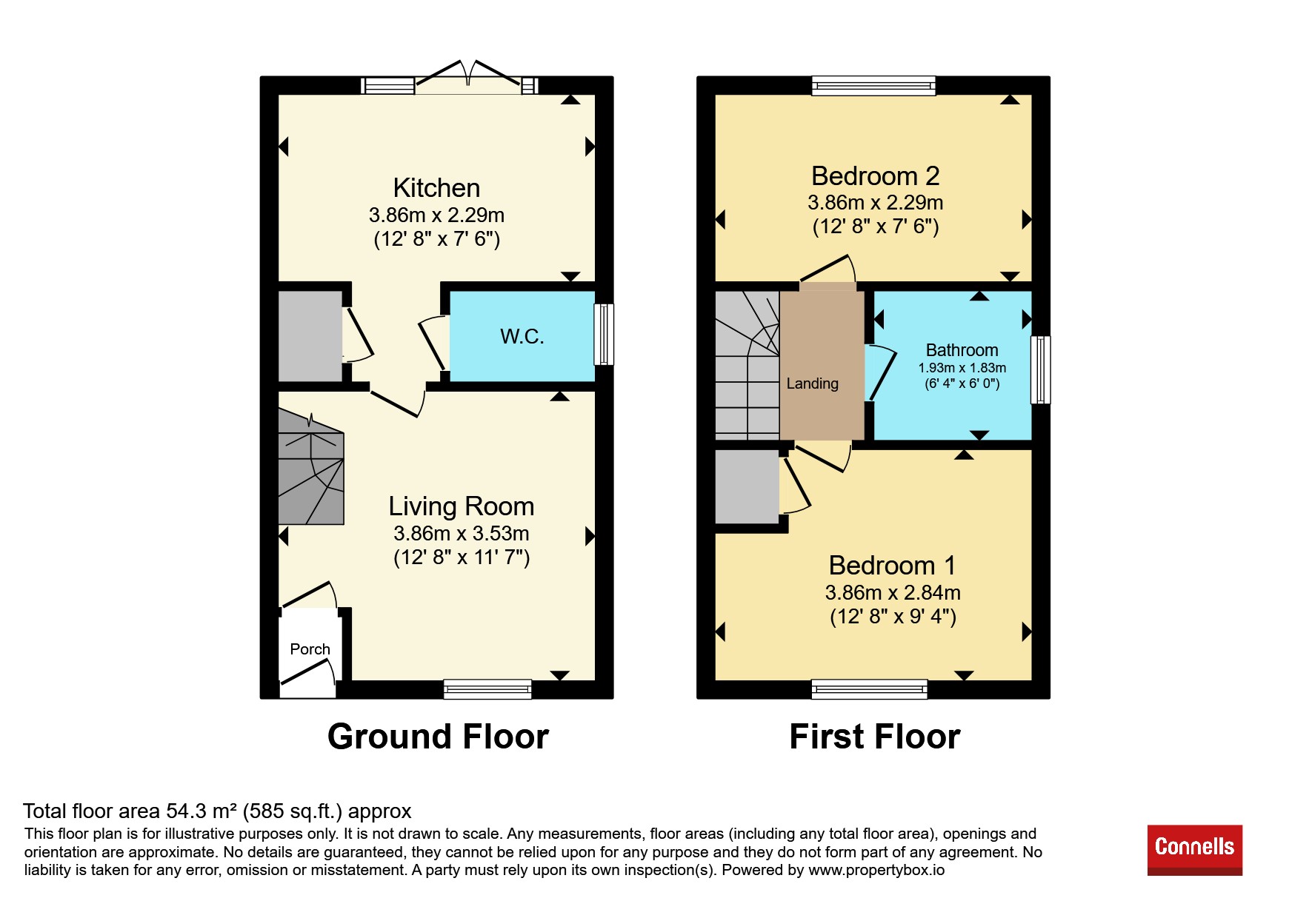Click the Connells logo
(1194, 850)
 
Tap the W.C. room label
(522, 337)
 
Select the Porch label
(310, 649)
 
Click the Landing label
(813, 383)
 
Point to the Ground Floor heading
(438, 737)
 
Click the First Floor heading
(875, 737)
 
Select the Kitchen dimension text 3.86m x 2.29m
(436, 215)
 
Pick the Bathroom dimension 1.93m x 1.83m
(962, 368)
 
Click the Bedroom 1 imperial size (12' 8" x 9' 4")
(893, 617)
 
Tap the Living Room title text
(462, 506)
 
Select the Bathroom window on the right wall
(1041, 369)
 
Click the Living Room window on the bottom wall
(487, 689)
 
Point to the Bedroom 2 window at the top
(873, 86)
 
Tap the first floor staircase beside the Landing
(747, 365)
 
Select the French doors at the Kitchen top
(469, 79)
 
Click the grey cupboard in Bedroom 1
(747, 487)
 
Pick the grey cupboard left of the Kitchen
(310, 337)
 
